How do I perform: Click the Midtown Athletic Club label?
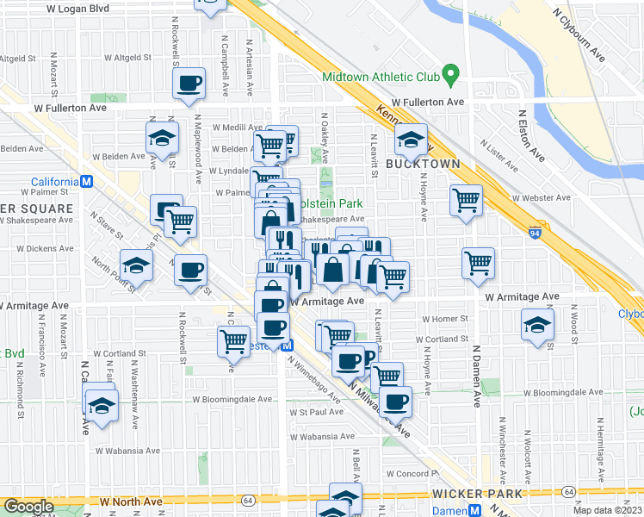[381, 77]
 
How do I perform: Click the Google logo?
[28, 507]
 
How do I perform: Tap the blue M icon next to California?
[86, 182]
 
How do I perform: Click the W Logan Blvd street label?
[79, 8]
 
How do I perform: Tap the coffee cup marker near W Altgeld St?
[189, 84]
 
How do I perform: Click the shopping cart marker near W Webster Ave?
[466, 201]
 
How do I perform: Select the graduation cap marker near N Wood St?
[536, 327]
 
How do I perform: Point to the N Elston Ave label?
[531, 136]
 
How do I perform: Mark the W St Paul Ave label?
[315, 412]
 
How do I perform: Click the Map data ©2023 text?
[608, 510]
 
